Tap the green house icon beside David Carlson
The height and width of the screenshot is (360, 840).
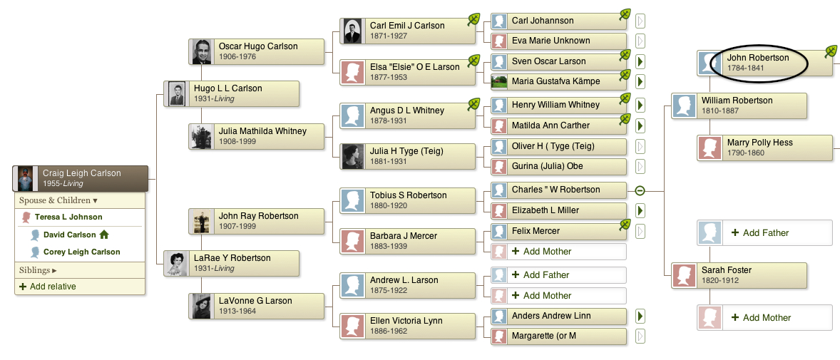[104, 234]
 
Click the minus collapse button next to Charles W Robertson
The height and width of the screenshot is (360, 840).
[640, 190]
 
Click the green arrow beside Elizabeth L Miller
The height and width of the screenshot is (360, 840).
[640, 210]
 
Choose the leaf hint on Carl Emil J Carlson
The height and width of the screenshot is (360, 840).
[473, 19]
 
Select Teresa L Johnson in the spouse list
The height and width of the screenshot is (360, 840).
[68, 217]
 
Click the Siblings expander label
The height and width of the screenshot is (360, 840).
[38, 270]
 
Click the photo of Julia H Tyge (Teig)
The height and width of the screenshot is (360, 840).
[353, 156]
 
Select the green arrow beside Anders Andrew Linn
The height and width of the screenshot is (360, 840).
[640, 316]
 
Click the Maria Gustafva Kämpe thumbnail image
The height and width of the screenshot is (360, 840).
[498, 81]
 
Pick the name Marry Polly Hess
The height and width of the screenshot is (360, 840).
[759, 143]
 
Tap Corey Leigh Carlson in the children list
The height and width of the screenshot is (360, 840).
[81, 252]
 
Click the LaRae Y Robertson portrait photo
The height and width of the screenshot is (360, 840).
[176, 264]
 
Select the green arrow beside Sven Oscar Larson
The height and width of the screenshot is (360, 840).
[640, 61]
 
